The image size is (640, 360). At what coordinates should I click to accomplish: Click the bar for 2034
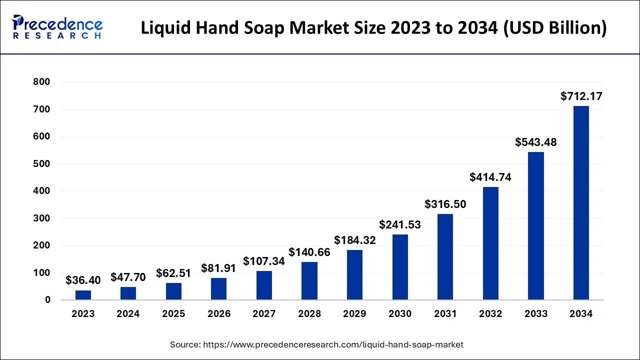coord(581,203)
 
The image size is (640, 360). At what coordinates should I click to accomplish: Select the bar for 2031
coord(445,257)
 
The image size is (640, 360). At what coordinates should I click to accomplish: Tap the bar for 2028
coord(309,281)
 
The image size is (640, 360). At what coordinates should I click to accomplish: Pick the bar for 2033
coord(536,226)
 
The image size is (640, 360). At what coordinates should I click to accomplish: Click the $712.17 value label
coord(581,96)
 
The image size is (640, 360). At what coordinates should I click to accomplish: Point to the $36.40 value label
coord(83,280)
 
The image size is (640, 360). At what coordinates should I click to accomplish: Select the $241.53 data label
coord(400,224)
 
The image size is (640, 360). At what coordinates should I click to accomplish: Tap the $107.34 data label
coord(264,261)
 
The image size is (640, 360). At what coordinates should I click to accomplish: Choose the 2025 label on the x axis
coord(173,314)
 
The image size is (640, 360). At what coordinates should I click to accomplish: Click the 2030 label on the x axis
coord(400,314)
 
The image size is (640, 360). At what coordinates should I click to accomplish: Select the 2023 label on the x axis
coord(83,314)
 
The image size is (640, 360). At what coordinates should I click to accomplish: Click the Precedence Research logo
coord(57,27)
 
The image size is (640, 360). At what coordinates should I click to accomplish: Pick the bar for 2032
coord(490,243)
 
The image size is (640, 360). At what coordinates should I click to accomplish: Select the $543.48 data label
coord(536,142)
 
